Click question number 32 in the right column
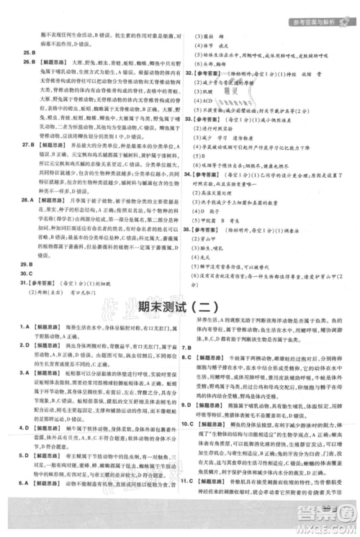pos(190,73)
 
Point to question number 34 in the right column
pos(190,173)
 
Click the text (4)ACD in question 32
pos(202,100)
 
